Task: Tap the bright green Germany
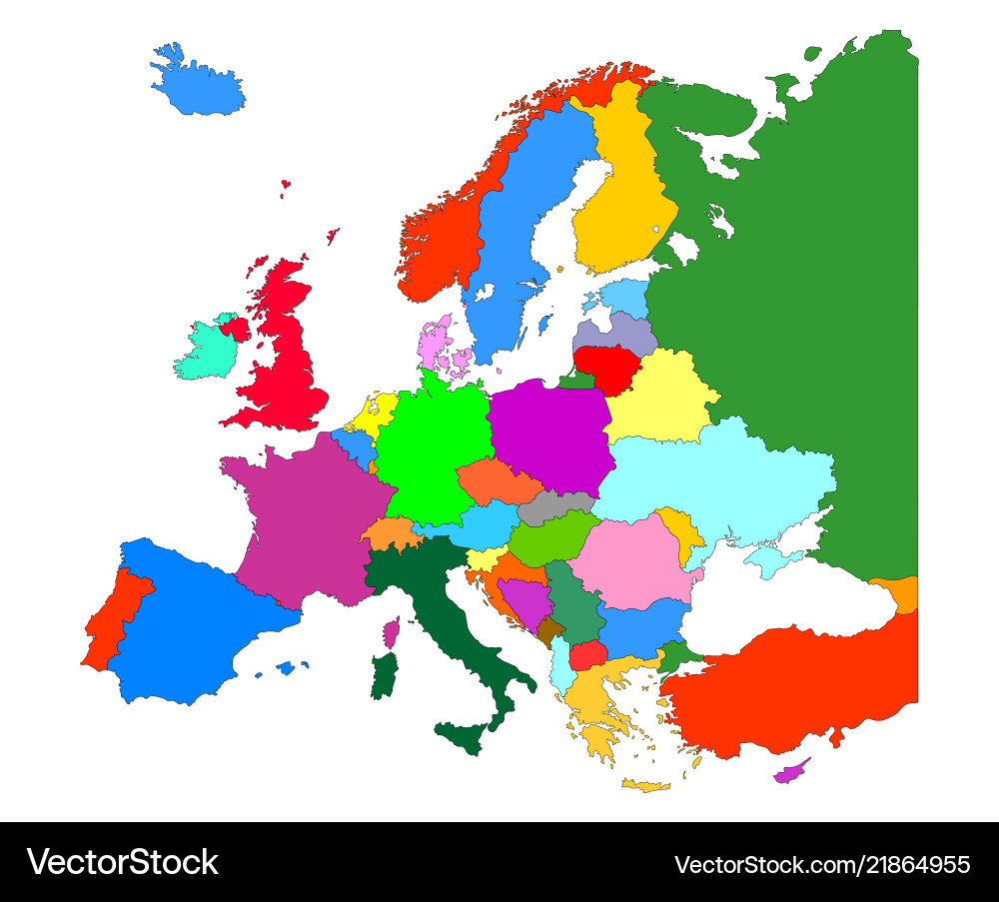[x=436, y=440]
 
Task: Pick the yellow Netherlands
[x=376, y=413]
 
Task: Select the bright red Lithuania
[x=609, y=366]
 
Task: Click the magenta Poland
[x=549, y=435]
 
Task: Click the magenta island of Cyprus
[x=790, y=772]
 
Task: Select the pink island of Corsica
[x=392, y=631]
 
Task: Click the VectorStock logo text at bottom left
[x=123, y=862]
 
